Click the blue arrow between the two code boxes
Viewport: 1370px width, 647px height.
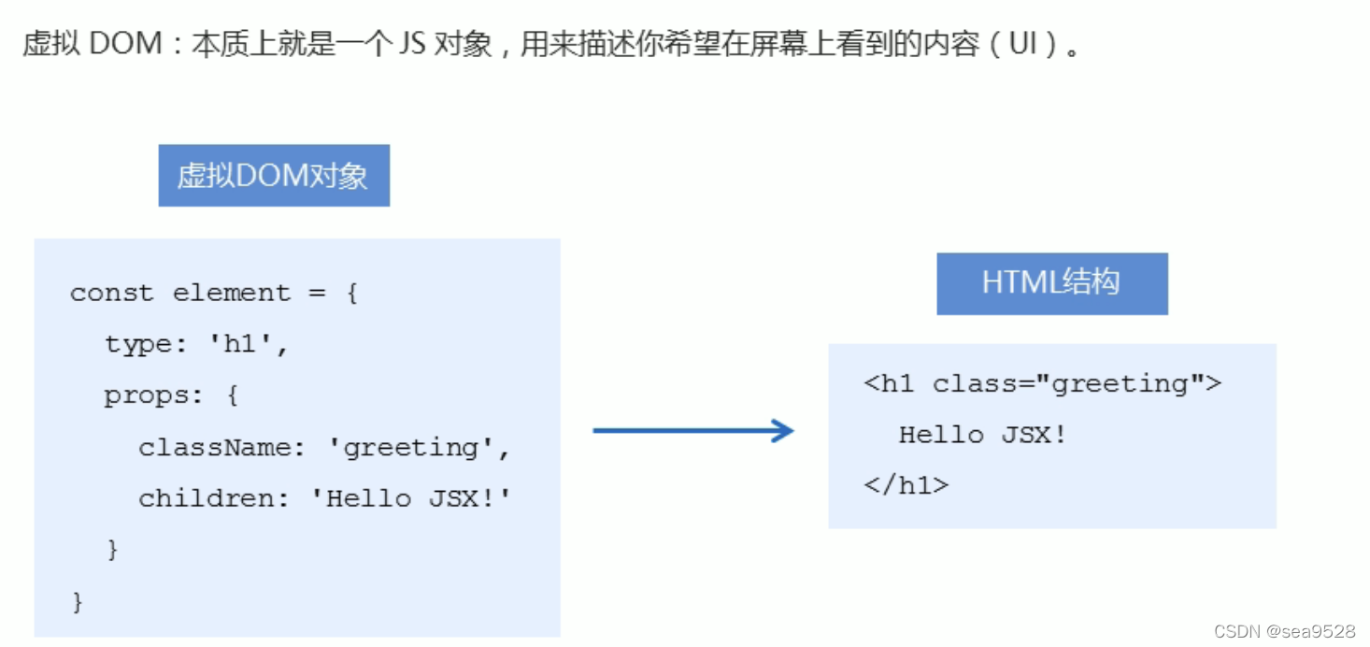(692, 430)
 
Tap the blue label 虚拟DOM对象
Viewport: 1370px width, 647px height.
(274, 176)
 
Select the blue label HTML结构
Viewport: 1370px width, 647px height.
(1051, 283)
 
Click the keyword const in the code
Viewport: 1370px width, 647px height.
(111, 293)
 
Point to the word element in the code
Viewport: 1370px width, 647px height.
(232, 293)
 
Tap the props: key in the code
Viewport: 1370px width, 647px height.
(153, 395)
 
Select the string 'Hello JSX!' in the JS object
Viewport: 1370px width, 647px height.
(411, 498)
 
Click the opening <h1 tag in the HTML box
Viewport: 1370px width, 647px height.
(889, 383)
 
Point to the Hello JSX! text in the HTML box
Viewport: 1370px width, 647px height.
(982, 435)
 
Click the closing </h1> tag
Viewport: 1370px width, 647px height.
(906, 485)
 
